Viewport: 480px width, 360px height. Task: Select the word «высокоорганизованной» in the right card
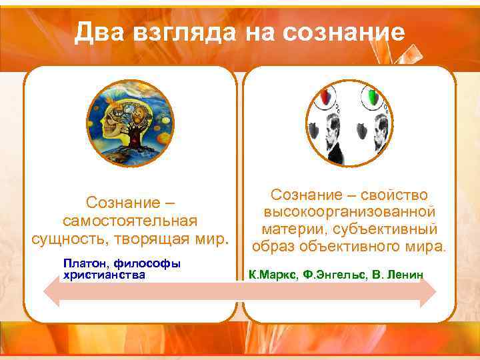point(349,213)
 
